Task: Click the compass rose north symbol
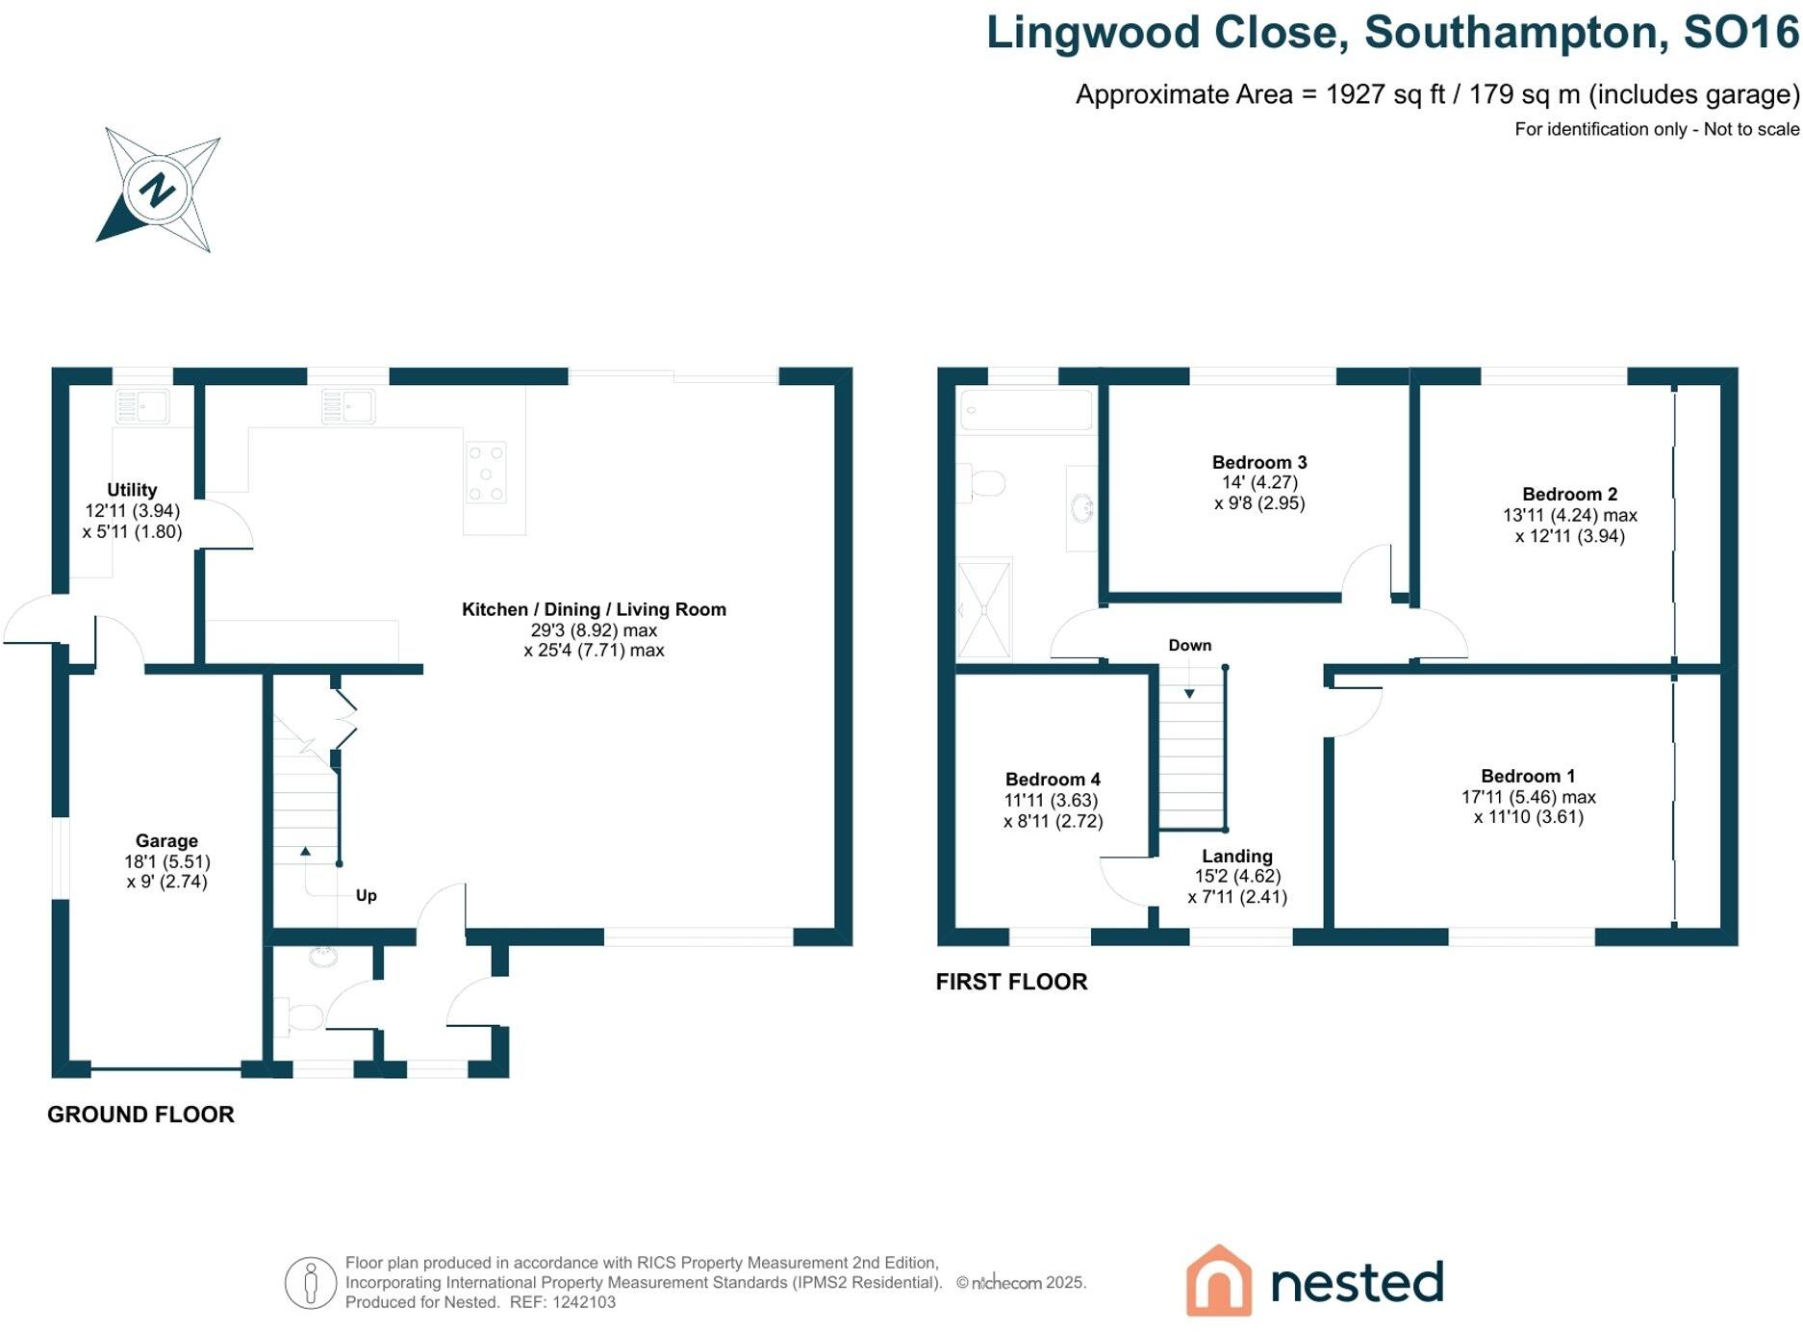point(157,189)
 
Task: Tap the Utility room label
point(132,490)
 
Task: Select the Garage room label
point(166,840)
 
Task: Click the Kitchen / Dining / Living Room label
point(594,609)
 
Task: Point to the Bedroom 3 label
point(1259,462)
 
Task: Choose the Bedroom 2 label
point(1569,494)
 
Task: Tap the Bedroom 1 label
point(1528,776)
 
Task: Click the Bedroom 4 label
point(1053,779)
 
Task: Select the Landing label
point(1237,856)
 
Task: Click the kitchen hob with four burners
point(486,473)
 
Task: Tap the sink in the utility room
point(141,407)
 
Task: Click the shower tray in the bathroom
point(984,609)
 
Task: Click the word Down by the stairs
point(1190,645)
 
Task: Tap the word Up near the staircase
point(367,895)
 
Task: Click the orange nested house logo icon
point(1219,1280)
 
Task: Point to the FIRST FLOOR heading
point(1011,982)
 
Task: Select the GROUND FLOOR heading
point(140,1115)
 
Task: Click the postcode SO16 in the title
point(1740,33)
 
